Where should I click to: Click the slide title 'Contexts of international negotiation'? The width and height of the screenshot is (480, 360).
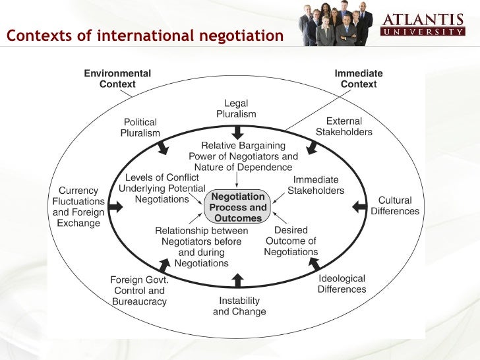point(145,35)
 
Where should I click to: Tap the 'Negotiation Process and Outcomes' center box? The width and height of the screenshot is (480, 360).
point(238,207)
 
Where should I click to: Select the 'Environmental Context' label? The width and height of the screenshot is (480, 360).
point(117,79)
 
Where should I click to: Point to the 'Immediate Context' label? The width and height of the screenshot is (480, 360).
point(359,79)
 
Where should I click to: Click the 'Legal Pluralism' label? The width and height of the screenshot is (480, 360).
point(236,109)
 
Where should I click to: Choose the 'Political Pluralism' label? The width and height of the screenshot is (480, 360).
point(140,127)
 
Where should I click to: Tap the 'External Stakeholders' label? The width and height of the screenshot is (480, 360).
point(344,127)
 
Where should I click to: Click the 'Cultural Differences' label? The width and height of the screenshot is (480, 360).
point(395,206)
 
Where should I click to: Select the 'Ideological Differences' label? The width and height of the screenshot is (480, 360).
point(342,284)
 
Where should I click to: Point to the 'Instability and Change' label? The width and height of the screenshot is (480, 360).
point(239,306)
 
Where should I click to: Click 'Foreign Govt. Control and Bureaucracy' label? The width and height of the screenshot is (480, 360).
point(139,291)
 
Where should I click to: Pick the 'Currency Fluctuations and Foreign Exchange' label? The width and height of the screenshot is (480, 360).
point(78,207)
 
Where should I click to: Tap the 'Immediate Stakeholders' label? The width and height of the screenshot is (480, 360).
point(316,185)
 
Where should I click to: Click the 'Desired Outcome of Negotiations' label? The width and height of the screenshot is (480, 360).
point(291,241)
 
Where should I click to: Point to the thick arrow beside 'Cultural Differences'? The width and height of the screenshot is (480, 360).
point(359,206)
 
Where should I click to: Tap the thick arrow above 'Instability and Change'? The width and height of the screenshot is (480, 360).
point(238,280)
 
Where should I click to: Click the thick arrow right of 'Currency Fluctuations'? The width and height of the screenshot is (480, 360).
point(115,206)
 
